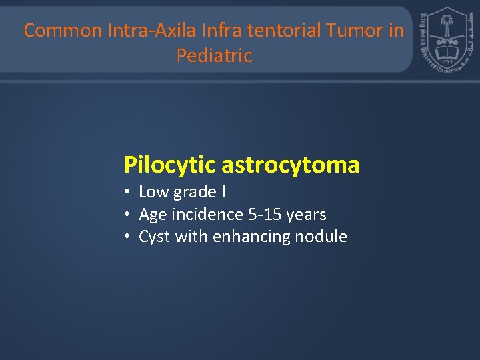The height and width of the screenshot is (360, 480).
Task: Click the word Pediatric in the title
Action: click(x=214, y=56)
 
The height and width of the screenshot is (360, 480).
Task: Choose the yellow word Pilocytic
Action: click(x=169, y=165)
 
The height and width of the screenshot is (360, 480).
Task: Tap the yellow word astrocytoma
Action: click(x=290, y=165)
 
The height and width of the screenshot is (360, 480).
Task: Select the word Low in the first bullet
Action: click(x=154, y=193)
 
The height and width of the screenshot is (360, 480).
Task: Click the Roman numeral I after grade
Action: click(x=223, y=193)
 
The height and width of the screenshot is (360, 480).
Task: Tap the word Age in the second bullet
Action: click(x=153, y=215)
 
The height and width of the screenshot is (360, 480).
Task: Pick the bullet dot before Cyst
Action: click(x=127, y=237)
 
